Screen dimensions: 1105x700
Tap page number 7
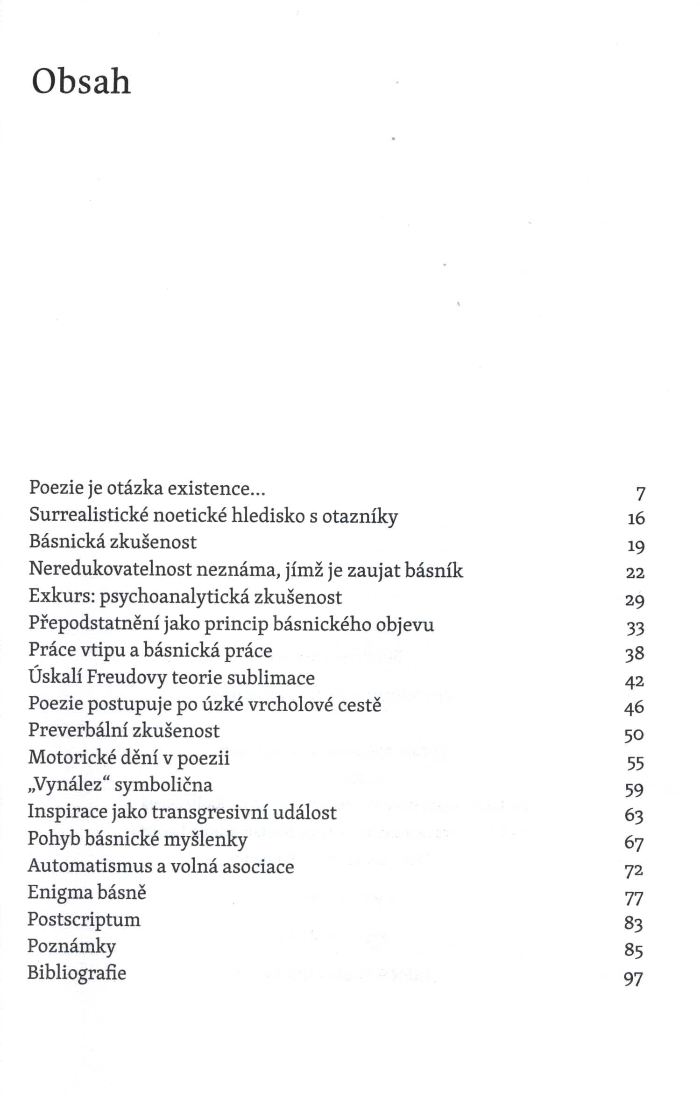640,493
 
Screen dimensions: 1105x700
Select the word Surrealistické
88,515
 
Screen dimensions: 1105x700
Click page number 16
636,518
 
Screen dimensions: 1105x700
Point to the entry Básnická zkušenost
113,542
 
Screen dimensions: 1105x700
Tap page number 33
635,628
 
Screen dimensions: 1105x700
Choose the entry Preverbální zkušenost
124,731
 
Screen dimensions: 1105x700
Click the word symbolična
163,785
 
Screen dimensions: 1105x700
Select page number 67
634,843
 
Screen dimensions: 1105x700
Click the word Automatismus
89,866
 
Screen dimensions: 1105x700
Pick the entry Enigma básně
87,893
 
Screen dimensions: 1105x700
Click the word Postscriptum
84,920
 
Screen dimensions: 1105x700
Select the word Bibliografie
77,973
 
